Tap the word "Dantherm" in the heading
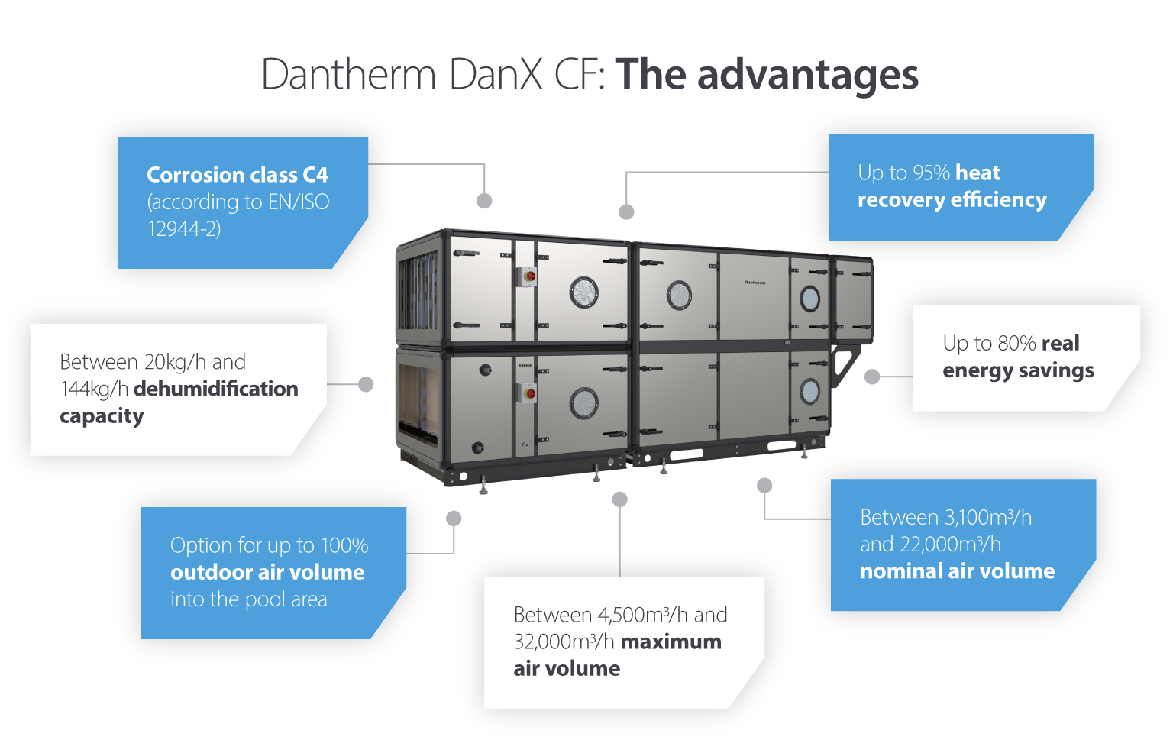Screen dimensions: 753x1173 348,75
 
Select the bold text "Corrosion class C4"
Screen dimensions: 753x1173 237,175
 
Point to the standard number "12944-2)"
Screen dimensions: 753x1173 184,228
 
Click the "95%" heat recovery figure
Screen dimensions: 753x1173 931,173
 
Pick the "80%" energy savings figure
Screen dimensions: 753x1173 1016,344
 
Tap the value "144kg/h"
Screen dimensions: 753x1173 94,389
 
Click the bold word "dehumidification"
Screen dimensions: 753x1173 215,389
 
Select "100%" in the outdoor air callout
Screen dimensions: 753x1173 344,545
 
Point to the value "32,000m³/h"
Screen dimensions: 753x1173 564,642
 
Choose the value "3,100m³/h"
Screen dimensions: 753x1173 988,518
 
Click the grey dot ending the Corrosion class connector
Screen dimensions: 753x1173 484,201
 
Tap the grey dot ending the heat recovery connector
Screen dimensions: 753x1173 626,212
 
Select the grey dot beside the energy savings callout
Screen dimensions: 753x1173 872,376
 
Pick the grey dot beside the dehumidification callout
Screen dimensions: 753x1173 366,384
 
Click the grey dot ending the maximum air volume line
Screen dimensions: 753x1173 620,499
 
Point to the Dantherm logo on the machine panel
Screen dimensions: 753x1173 755,283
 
